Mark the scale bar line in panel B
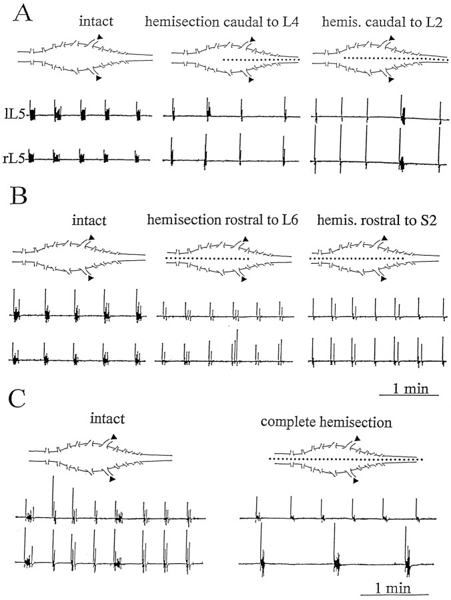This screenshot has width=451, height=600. [x=408, y=395]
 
